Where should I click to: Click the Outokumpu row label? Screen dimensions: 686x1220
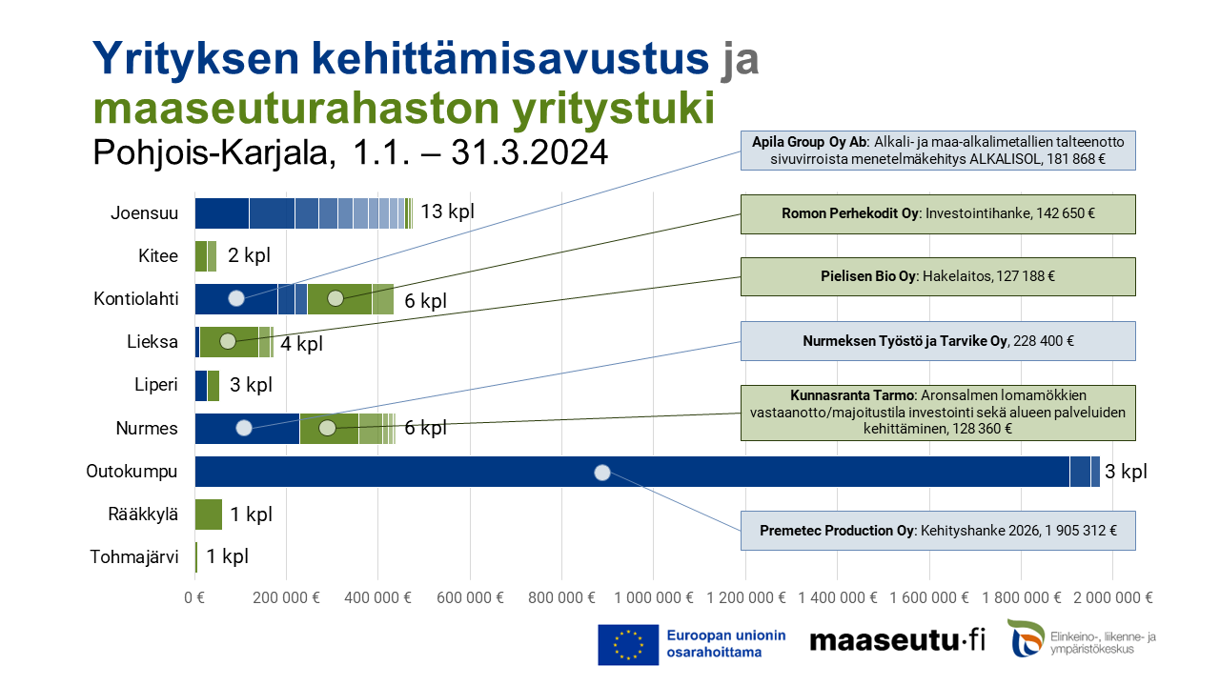click(132, 472)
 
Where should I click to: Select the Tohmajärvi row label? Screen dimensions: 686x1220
click(134, 557)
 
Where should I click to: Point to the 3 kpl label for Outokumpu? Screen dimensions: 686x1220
click(1126, 472)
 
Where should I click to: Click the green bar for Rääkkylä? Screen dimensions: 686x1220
click(208, 514)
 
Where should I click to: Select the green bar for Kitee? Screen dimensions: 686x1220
click(205, 256)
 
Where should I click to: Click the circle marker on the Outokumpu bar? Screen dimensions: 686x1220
click(601, 472)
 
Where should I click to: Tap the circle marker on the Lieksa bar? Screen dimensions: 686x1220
click(228, 341)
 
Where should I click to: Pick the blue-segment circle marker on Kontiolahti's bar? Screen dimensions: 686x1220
click(236, 298)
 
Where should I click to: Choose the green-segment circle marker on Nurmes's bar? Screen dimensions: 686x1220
click(327, 428)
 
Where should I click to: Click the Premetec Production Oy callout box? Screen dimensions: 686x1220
click(938, 530)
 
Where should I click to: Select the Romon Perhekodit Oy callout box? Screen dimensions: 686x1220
click(938, 214)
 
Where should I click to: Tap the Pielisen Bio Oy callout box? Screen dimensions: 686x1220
click(938, 276)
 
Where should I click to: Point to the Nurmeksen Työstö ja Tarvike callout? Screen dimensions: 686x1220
click(938, 340)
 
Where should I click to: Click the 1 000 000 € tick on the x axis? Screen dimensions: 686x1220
click(654, 598)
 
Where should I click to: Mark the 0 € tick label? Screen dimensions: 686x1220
click(194, 598)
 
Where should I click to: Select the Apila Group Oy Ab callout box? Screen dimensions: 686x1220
click(938, 151)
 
